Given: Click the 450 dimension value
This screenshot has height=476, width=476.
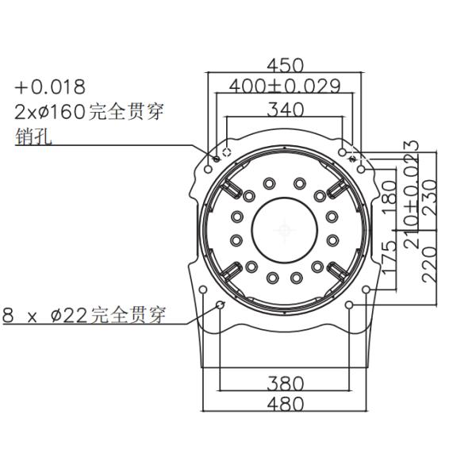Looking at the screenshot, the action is coord(285,65).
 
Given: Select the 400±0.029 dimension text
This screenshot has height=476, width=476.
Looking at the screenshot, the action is coord(285,86).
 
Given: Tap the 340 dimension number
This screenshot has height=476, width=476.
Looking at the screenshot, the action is coord(285,109).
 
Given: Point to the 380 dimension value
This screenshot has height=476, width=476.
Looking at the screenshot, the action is coord(285,383).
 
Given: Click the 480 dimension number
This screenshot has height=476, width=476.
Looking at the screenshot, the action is coord(285,404).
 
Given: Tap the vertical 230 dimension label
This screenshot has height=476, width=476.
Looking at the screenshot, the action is coord(429,198).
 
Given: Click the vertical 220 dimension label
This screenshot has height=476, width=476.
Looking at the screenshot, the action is coord(429,264).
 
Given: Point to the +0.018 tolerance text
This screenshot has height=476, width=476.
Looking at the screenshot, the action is coord(50,86).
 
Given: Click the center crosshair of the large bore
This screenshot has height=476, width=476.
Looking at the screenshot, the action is coord(285,230).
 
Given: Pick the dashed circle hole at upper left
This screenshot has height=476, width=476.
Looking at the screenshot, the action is coord(227,152).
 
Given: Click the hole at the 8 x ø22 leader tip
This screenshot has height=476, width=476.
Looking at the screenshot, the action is coord(220,304).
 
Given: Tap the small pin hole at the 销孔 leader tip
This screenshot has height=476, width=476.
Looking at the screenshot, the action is coord(217,159).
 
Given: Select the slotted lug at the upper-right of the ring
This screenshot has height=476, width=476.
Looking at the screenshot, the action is coord(336,188).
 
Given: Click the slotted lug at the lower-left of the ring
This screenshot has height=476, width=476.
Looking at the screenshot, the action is coord(232,271).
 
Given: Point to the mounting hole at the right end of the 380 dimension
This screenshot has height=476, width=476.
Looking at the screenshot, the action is coord(349,304).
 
